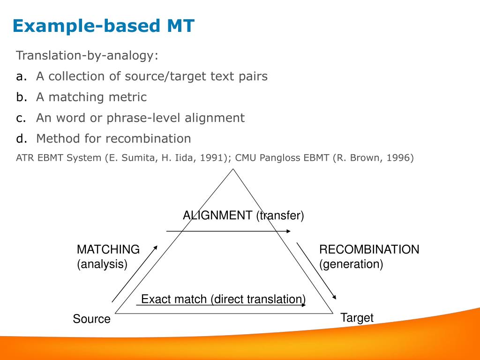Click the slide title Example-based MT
(x=104, y=26)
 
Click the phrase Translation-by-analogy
(x=86, y=55)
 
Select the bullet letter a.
(x=22, y=76)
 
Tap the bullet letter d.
(x=22, y=138)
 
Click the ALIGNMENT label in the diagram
(x=217, y=215)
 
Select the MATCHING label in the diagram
(x=108, y=249)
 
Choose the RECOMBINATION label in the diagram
(x=369, y=249)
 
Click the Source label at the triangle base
(x=91, y=319)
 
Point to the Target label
(x=357, y=318)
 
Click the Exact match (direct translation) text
(x=224, y=299)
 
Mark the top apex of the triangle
(x=233, y=169)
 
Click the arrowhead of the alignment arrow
(x=288, y=231)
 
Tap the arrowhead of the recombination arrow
(x=335, y=297)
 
